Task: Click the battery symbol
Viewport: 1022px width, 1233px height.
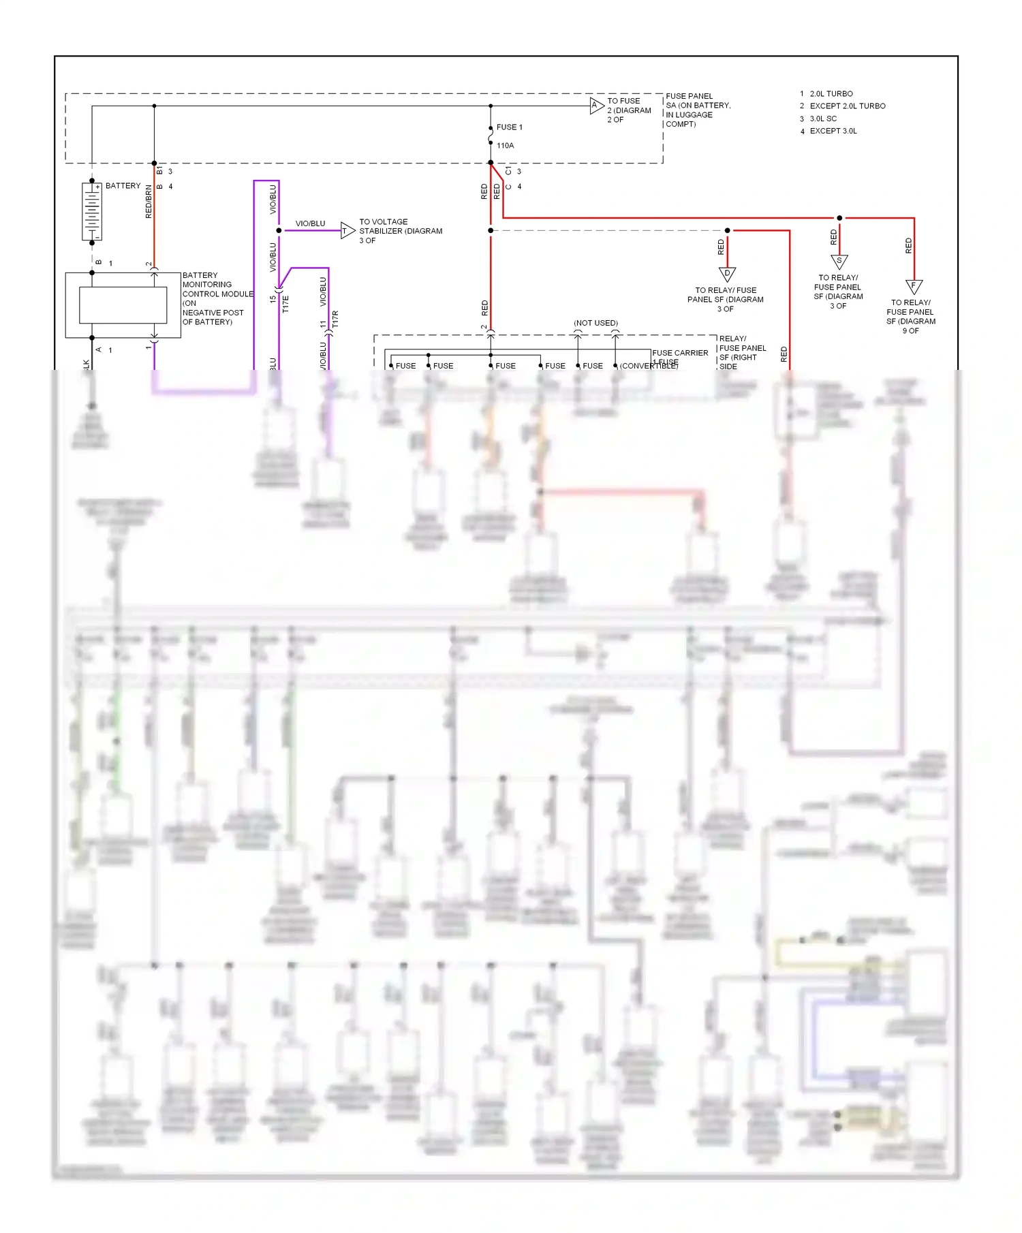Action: [92, 211]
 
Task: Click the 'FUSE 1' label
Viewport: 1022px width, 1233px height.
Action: [509, 127]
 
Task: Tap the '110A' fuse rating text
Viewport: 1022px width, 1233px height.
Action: [505, 146]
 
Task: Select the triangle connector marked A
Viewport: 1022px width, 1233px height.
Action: [596, 106]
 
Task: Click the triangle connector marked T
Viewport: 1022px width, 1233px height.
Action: [347, 231]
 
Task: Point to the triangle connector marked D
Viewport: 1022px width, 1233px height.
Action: [727, 274]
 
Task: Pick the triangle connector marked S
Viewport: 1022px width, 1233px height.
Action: [839, 261]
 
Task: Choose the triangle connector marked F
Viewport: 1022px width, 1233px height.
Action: [914, 286]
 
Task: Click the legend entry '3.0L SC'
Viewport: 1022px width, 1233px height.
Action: [823, 119]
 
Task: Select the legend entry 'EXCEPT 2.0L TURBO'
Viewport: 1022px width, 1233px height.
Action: [847, 106]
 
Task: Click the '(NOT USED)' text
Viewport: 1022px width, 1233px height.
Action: [595, 323]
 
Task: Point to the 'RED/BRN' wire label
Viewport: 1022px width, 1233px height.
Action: [149, 202]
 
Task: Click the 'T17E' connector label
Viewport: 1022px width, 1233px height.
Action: [285, 304]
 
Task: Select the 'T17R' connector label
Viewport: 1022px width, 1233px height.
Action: [335, 318]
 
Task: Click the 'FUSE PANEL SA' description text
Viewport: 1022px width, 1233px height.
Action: [698, 110]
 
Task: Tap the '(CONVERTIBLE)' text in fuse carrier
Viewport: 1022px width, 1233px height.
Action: [649, 366]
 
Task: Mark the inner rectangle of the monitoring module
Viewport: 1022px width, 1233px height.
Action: [123, 305]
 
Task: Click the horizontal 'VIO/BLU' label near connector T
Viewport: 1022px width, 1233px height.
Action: [310, 223]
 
